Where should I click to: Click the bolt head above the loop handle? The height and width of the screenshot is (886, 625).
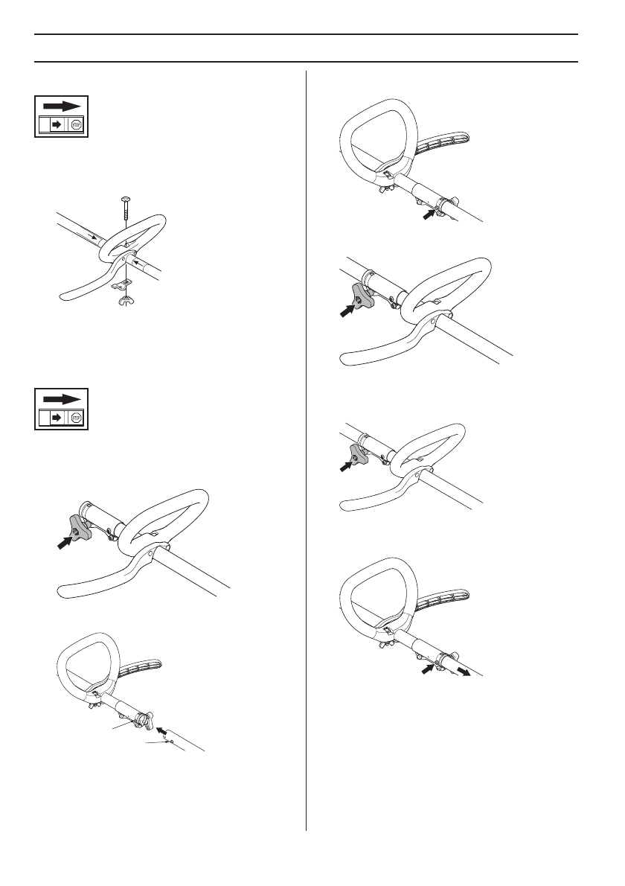coord(125,198)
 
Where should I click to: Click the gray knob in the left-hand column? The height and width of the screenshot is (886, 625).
coord(80,528)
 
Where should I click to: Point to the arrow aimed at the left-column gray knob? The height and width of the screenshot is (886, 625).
coord(65,543)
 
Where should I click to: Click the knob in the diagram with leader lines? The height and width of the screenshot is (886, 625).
coord(145,720)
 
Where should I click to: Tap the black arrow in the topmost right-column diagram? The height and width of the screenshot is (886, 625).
coord(430,214)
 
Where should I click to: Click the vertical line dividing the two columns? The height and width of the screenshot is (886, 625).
coord(307,447)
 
